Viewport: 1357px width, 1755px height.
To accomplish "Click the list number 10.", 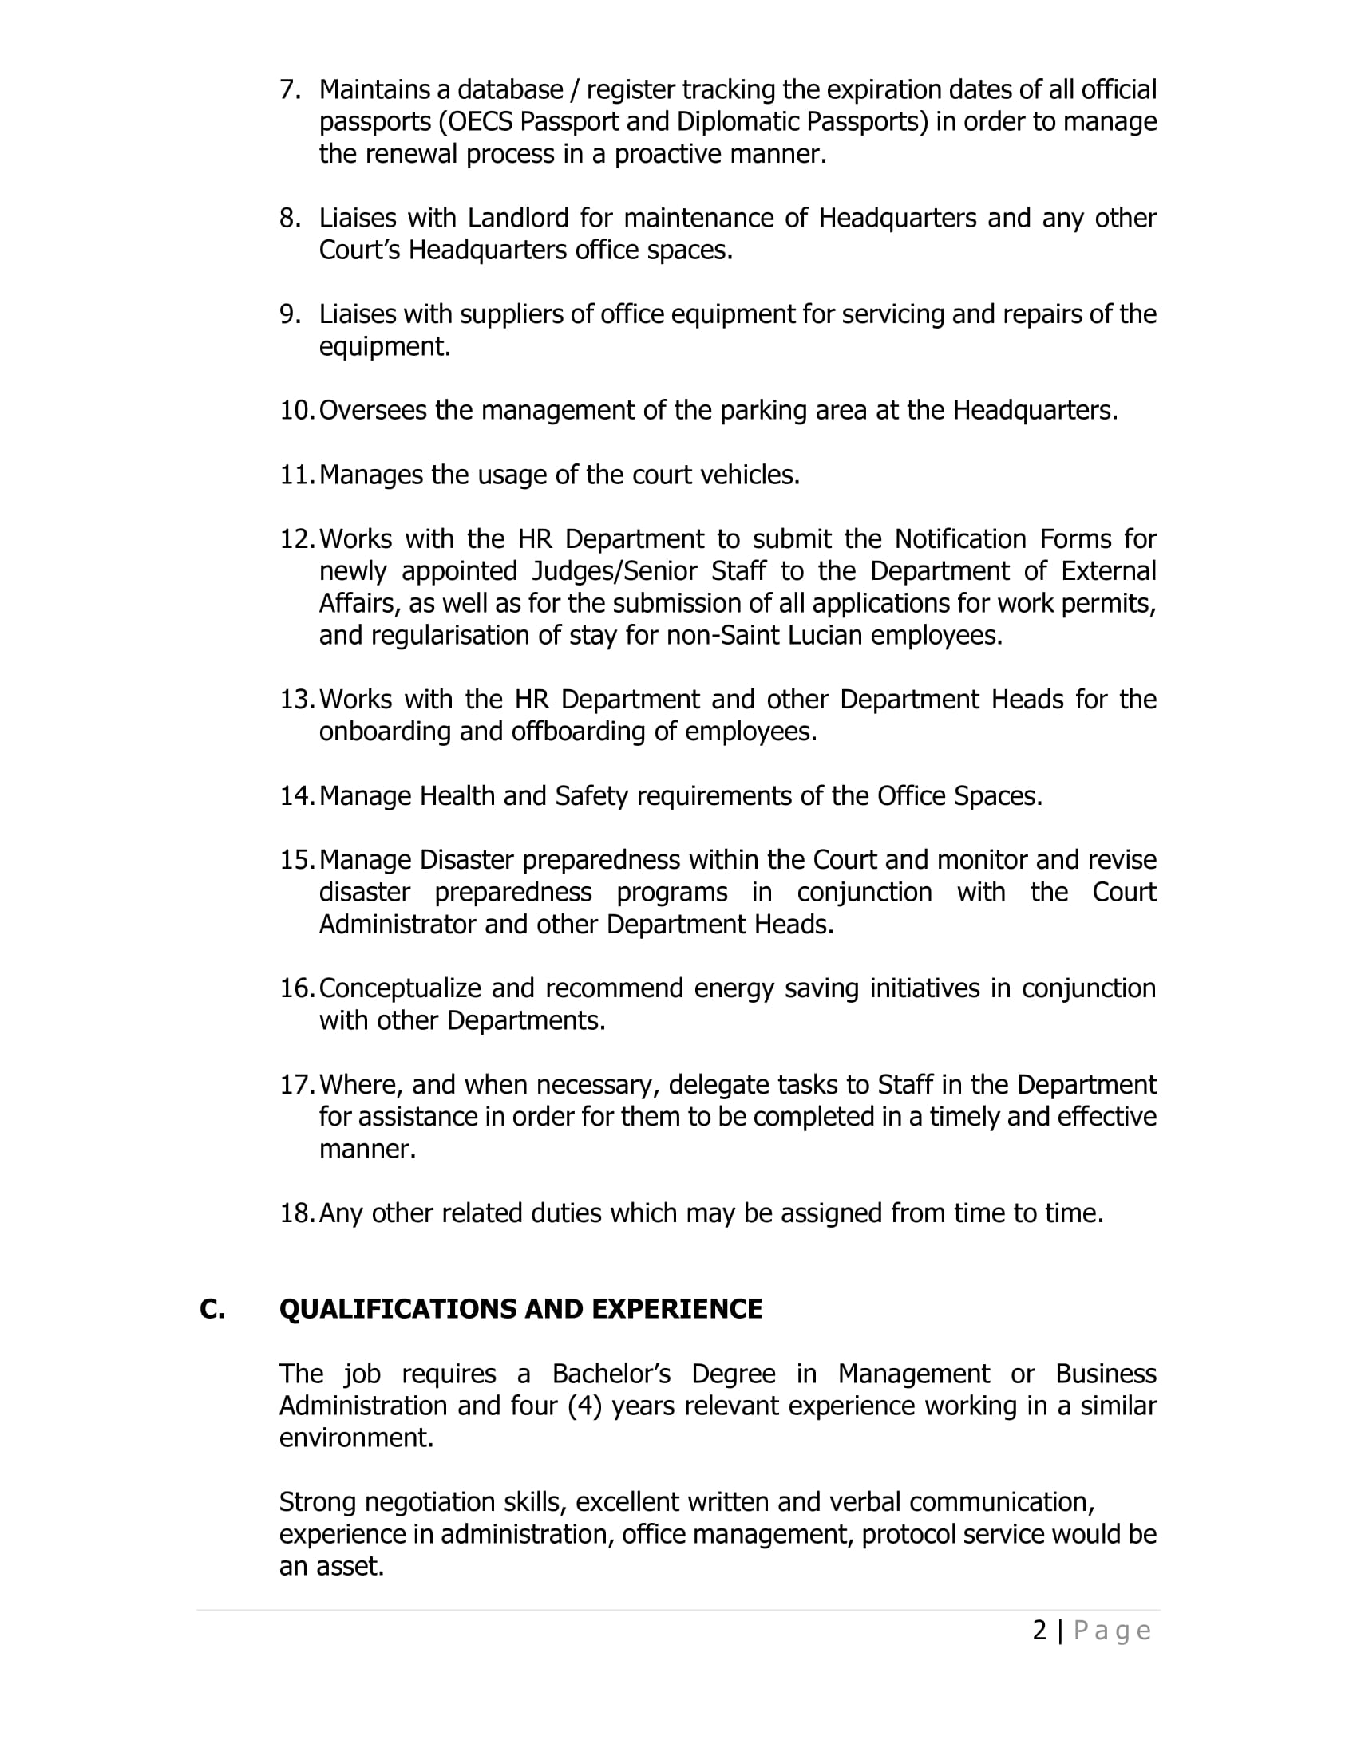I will (296, 411).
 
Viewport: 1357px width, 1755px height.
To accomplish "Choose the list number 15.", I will (296, 860).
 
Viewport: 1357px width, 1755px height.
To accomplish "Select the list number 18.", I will (296, 1213).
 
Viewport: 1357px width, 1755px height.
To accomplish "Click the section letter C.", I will (212, 1309).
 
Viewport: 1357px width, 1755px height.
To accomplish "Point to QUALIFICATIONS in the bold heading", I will (398, 1309).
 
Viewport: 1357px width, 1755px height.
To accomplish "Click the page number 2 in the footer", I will (1039, 1631).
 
